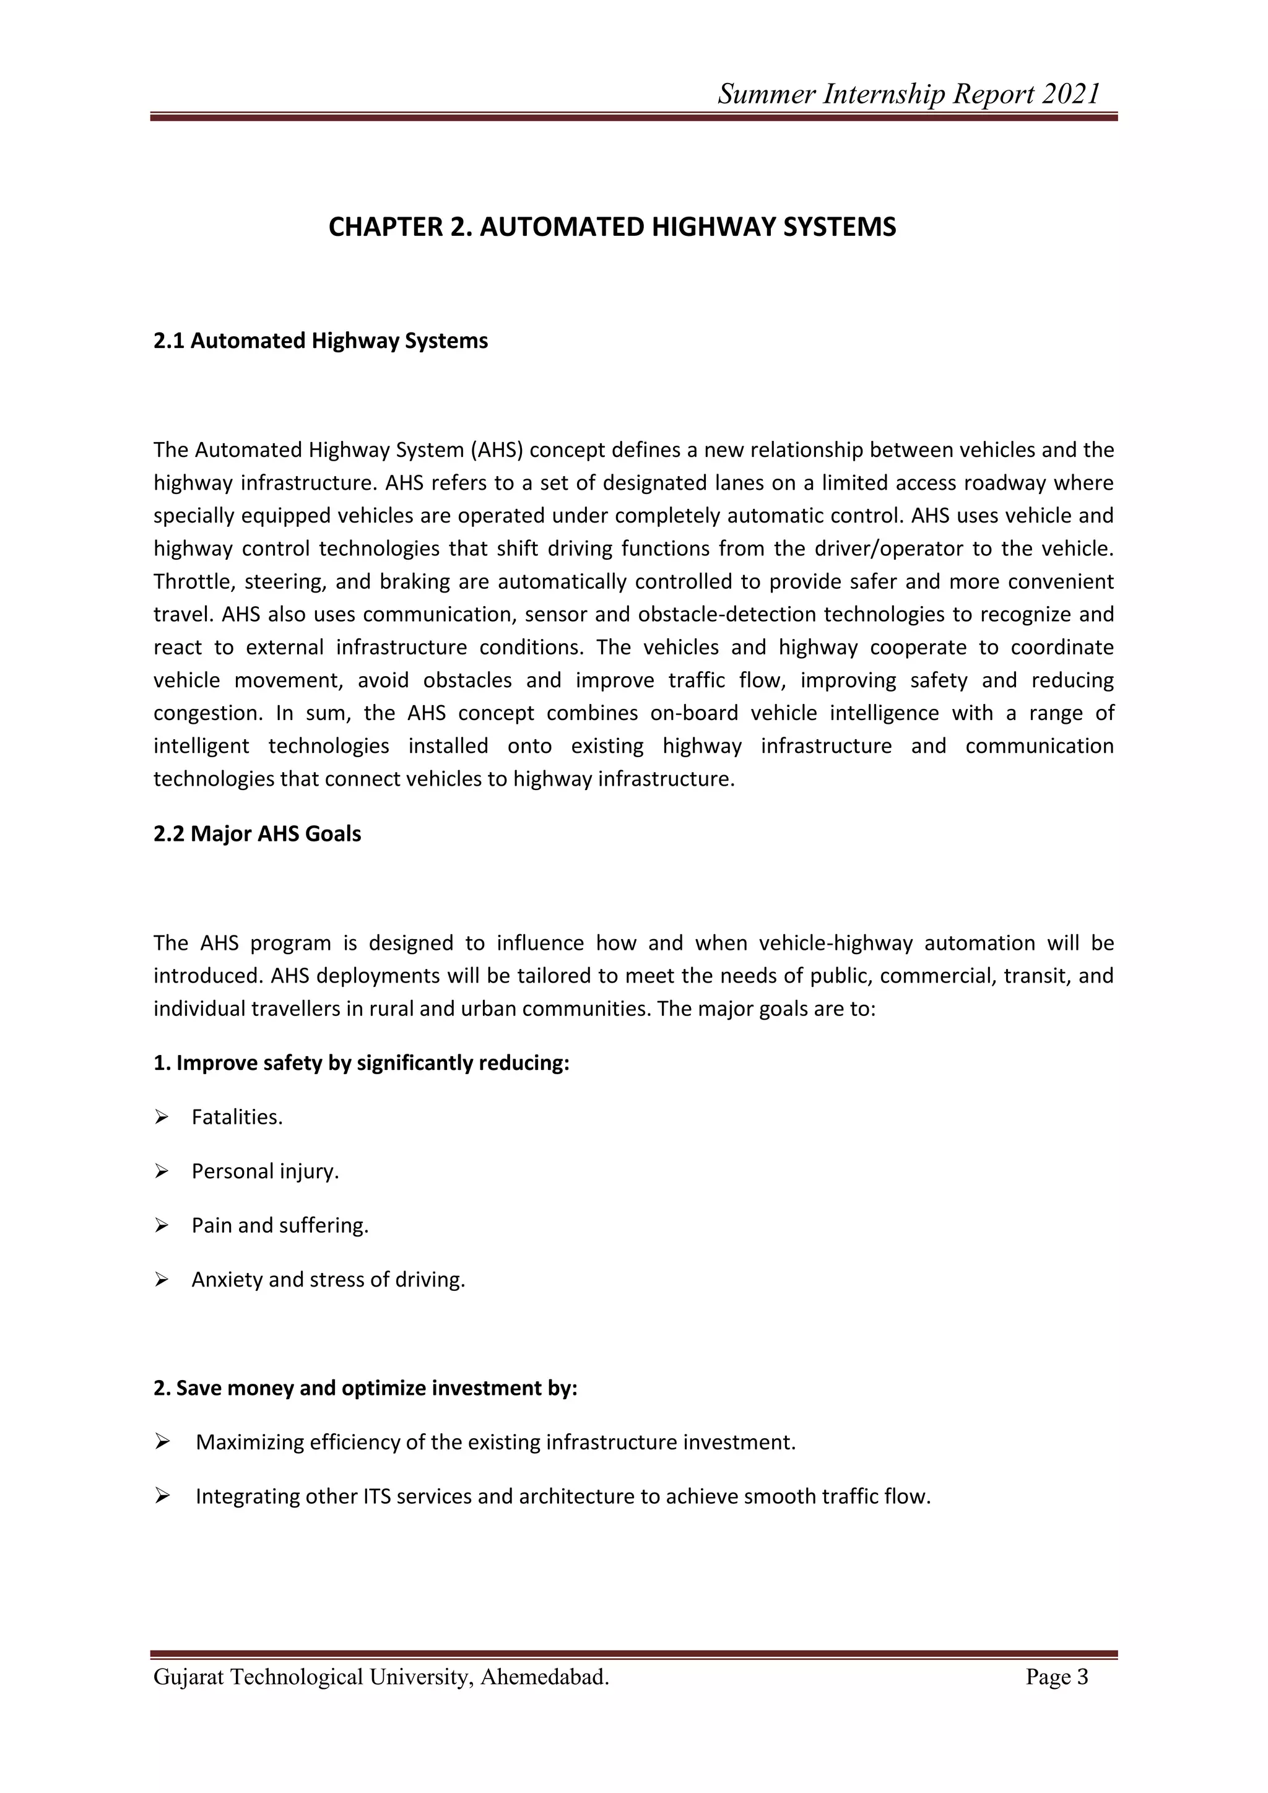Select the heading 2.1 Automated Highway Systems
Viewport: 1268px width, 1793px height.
pos(320,341)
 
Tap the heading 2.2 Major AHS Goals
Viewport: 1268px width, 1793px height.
pos(257,834)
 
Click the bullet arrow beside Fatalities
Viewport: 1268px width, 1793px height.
pos(162,1118)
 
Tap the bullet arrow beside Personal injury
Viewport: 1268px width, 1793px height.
pos(162,1171)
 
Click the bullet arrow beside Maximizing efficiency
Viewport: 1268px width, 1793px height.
pos(162,1443)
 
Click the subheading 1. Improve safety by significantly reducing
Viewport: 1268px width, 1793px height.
pos(361,1064)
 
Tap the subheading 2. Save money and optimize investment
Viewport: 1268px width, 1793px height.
pos(365,1389)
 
